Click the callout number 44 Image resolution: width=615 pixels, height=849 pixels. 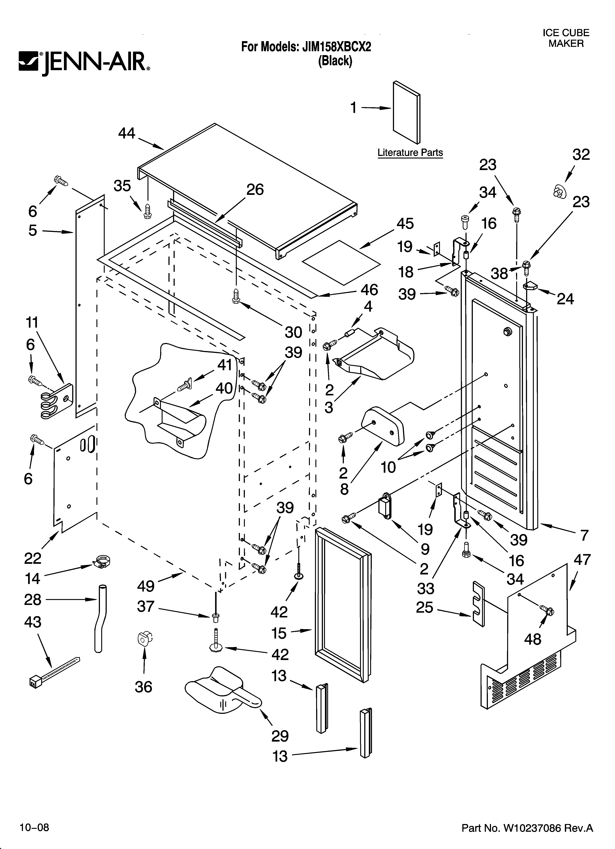pos(127,133)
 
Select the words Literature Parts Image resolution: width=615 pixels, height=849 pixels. pos(410,153)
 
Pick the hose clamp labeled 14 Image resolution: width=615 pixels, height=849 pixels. pos(102,562)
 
